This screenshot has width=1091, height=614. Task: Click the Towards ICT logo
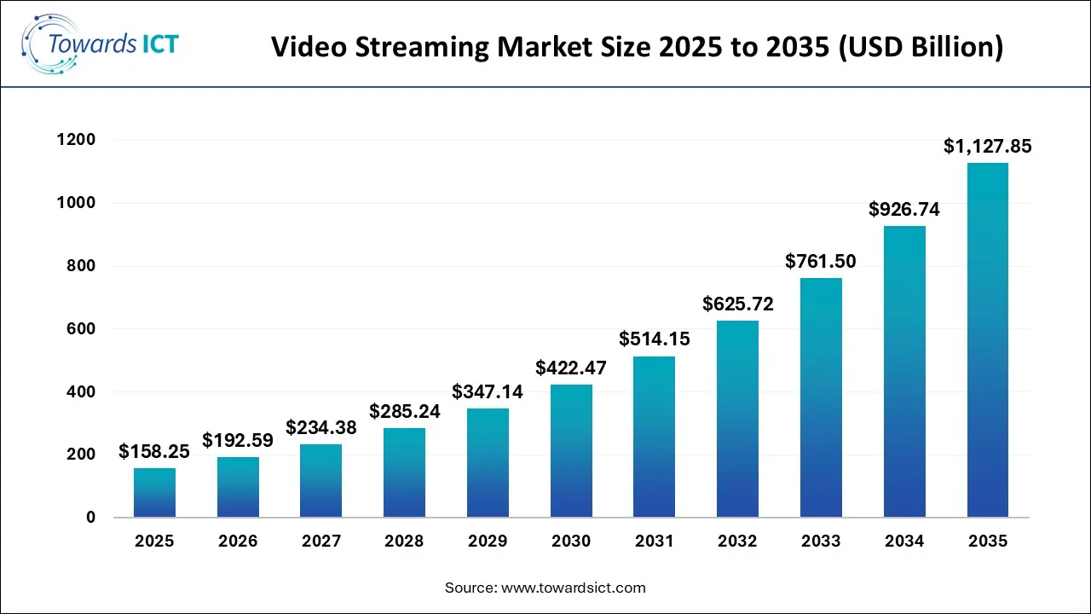pos(101,43)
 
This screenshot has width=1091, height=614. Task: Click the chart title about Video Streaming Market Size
pos(637,48)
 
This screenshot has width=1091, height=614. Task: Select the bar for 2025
pos(154,493)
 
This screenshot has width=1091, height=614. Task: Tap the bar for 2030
pos(571,451)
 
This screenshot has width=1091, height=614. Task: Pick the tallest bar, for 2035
pos(987,340)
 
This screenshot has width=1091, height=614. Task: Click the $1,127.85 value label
pos(987,147)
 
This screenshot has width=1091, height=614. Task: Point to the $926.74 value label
pos(904,209)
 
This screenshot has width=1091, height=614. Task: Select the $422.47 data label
pos(571,368)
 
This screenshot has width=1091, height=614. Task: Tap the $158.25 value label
pos(154,451)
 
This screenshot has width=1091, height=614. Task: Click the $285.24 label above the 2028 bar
pos(405,411)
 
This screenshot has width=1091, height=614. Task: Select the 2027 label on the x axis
pos(321,542)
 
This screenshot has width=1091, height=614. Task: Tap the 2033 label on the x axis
pos(821,542)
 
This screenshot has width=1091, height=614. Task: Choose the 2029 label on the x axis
pos(488,542)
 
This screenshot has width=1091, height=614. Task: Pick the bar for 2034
pos(904,372)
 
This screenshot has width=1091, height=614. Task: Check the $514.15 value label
pos(655,339)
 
